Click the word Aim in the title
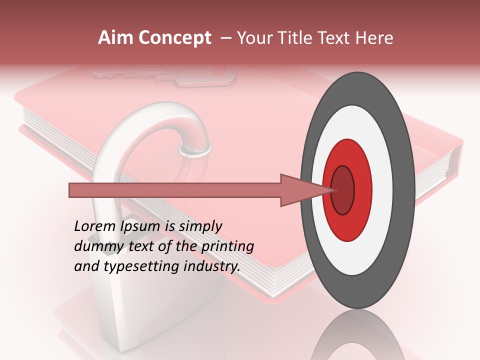tap(115, 38)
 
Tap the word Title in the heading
tap(298, 38)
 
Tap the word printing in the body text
tap(227, 246)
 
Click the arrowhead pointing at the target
tap(300, 190)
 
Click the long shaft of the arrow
tap(175, 190)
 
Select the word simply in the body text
tap(200, 226)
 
